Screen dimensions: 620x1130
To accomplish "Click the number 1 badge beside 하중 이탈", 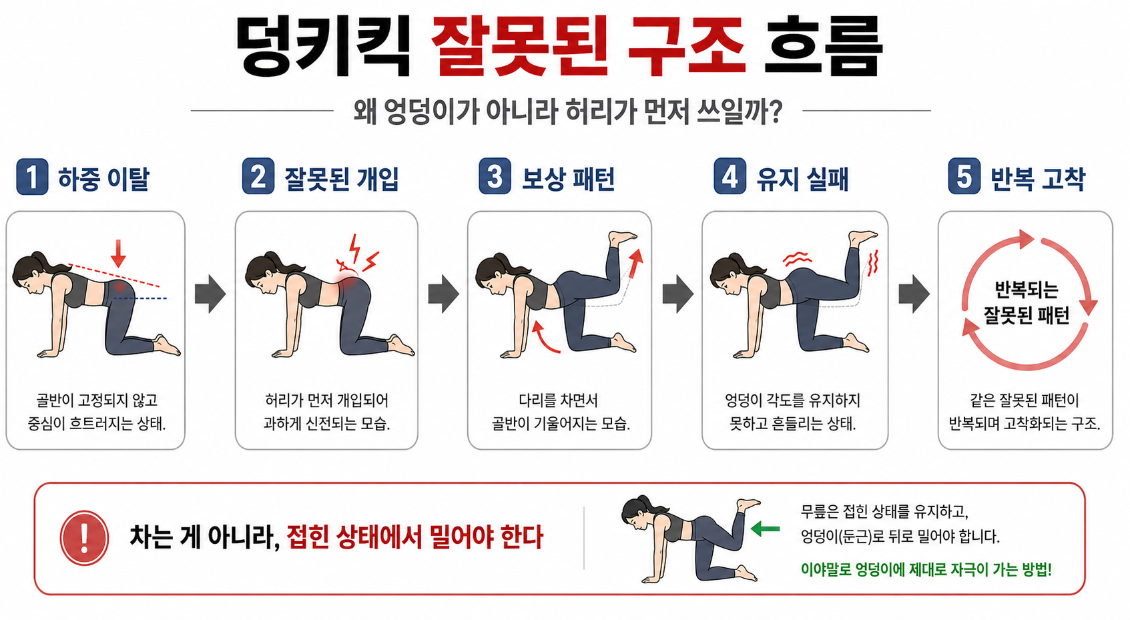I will pyautogui.click(x=32, y=177).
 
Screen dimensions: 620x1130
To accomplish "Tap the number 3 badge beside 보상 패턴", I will pyautogui.click(x=495, y=177).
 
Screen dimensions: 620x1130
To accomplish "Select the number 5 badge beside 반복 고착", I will pyautogui.click(x=964, y=177).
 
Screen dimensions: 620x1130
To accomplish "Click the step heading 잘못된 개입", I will pyautogui.click(x=341, y=179).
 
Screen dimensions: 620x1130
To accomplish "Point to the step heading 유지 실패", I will pyautogui.click(x=802, y=179).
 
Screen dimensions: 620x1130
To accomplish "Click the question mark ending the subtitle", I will pyautogui.click(x=775, y=112).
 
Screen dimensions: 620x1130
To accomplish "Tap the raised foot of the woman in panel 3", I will pyautogui.click(x=623, y=238).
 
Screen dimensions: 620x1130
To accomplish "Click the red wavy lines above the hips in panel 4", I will pyautogui.click(x=797, y=258).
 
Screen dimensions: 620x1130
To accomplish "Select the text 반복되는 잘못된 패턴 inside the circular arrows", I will pyautogui.click(x=1026, y=302).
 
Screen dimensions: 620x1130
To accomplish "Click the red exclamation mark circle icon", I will pyautogui.click(x=84, y=537).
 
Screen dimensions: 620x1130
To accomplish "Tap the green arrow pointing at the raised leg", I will pyautogui.click(x=765, y=529).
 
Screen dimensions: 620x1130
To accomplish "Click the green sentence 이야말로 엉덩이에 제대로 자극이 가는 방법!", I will pyautogui.click(x=926, y=569).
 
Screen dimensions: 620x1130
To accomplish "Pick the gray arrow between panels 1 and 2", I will pyautogui.click(x=210, y=294).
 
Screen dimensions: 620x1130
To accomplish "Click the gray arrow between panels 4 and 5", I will pyautogui.click(x=914, y=294).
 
